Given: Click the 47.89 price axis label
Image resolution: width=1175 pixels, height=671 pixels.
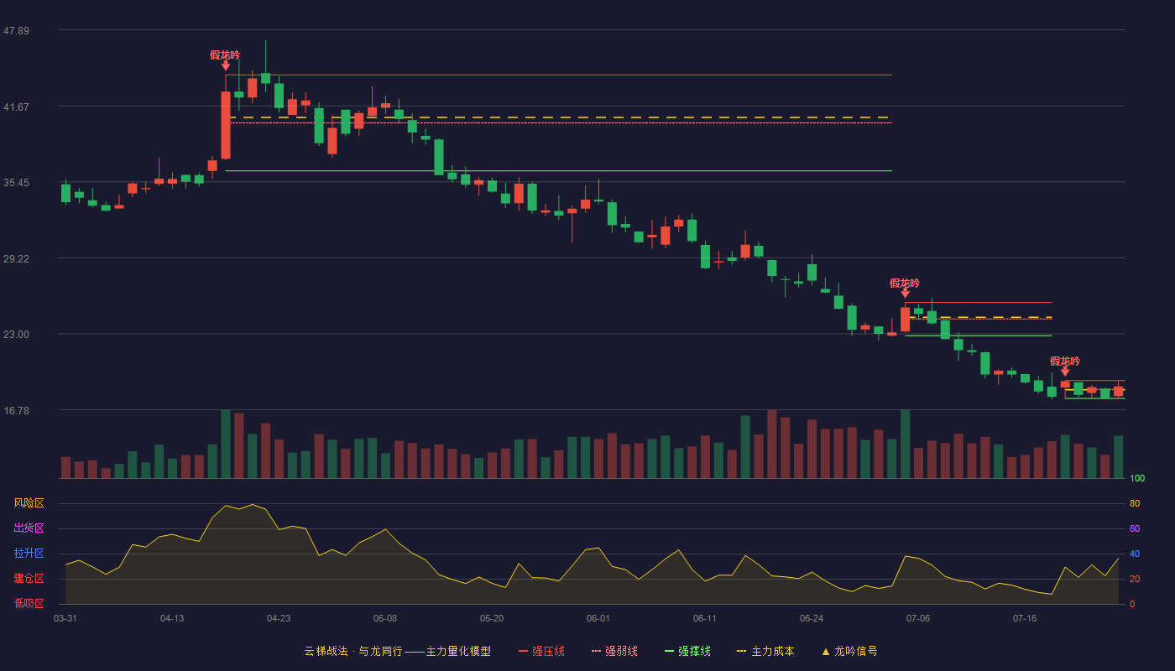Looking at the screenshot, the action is pyautogui.click(x=16, y=30).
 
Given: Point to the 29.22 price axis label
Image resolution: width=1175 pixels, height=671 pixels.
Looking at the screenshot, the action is pyautogui.click(x=16, y=258).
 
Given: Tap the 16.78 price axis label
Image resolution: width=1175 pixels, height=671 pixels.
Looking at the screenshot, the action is pyautogui.click(x=16, y=410).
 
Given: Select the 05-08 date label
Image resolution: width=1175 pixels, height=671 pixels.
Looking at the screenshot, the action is pyautogui.click(x=385, y=619).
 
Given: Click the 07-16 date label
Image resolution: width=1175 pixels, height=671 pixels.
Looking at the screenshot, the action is pyautogui.click(x=1025, y=619).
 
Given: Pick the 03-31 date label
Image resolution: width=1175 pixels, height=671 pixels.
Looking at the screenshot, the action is pyautogui.click(x=65, y=619).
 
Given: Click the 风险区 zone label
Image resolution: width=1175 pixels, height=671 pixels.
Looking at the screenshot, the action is pyautogui.click(x=29, y=503).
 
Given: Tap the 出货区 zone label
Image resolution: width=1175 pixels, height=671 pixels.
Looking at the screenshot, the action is pyautogui.click(x=29, y=528).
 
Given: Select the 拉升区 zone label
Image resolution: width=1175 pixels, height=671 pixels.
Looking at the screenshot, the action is pyautogui.click(x=29, y=553).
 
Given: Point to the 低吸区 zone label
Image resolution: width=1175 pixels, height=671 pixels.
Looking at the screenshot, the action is pyautogui.click(x=29, y=603).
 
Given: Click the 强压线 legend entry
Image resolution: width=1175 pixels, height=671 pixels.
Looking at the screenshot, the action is pyautogui.click(x=541, y=651).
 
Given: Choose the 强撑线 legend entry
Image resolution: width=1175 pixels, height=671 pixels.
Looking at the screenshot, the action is pyautogui.click(x=687, y=651).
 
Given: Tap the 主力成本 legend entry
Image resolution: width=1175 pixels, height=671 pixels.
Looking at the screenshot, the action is pyautogui.click(x=765, y=651).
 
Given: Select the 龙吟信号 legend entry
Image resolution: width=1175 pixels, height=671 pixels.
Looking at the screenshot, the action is pyautogui.click(x=849, y=651).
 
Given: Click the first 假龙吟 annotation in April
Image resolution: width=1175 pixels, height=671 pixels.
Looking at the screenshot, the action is pyautogui.click(x=225, y=55).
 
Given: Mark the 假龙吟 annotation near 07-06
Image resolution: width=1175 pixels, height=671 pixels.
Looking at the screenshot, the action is pyautogui.click(x=905, y=283).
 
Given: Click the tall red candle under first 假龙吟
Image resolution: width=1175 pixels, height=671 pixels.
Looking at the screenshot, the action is pyautogui.click(x=226, y=125).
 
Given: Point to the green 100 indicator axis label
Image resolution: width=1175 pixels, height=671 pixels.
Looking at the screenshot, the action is pyautogui.click(x=1137, y=478).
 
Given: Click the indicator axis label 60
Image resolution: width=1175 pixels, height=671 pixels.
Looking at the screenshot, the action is pyautogui.click(x=1135, y=528).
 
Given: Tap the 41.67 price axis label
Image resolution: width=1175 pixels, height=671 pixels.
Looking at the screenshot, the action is pyautogui.click(x=16, y=107).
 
